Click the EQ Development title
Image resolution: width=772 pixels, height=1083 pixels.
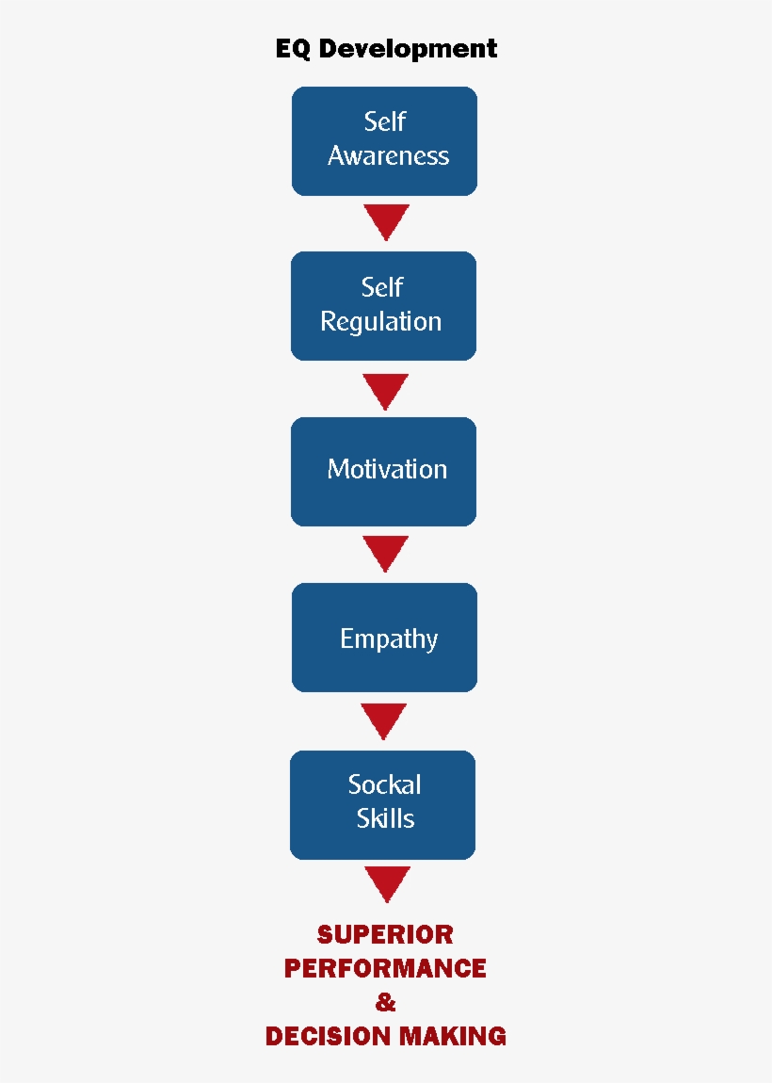click(x=386, y=49)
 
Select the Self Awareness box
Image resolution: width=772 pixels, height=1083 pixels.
click(x=384, y=141)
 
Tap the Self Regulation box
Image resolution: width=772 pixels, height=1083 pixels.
click(x=383, y=306)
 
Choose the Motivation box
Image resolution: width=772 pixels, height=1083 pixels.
click(x=383, y=471)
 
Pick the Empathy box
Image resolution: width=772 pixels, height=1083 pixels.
click(x=384, y=638)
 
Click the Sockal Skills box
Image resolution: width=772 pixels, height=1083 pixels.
click(x=382, y=804)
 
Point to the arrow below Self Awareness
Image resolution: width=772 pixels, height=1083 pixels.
click(x=386, y=221)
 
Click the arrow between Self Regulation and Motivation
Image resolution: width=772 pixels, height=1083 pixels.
click(x=386, y=390)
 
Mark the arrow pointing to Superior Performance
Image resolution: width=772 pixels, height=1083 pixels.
click(x=386, y=883)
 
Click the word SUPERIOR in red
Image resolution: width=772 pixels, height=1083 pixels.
click(x=385, y=935)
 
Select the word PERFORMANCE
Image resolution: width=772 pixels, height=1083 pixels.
click(x=385, y=969)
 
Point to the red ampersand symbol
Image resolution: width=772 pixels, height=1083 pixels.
click(x=385, y=1003)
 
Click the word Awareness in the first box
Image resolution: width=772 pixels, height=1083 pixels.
click(x=388, y=156)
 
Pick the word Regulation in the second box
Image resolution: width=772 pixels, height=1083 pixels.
click(x=380, y=322)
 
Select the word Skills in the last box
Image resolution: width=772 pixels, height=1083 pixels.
click(x=385, y=818)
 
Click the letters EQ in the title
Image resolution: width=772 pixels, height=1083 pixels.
click(x=293, y=49)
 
